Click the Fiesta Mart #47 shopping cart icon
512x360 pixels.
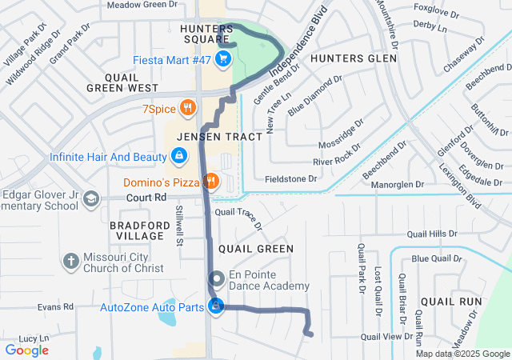pos(222,58)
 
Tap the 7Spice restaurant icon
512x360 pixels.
pos(187,107)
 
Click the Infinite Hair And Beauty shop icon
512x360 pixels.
pos(179,154)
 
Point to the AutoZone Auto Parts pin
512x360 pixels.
pos(216,306)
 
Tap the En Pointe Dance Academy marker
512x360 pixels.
pos(216,278)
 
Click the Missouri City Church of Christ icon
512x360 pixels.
pos(71,261)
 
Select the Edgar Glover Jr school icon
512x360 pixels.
pos(92,198)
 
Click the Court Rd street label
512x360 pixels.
pos(145,197)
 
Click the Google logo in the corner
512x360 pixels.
pos(26,350)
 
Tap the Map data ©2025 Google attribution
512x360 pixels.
pos(462,354)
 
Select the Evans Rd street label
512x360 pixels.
pos(55,306)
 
